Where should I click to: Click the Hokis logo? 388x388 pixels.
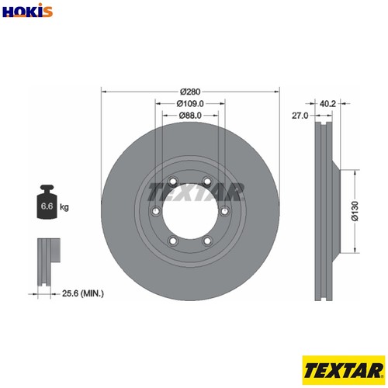click(27, 10)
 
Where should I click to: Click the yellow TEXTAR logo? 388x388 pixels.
click(344, 370)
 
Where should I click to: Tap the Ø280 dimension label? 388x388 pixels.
click(190, 92)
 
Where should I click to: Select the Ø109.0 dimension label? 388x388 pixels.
click(190, 103)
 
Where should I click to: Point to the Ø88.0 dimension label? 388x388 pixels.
click(190, 116)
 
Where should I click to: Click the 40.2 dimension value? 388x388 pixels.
click(327, 104)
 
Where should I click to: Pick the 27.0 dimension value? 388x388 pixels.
click(300, 116)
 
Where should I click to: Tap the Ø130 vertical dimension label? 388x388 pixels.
click(355, 211)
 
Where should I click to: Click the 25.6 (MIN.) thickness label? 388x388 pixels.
click(83, 293)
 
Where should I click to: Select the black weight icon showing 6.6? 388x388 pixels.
click(47, 203)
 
